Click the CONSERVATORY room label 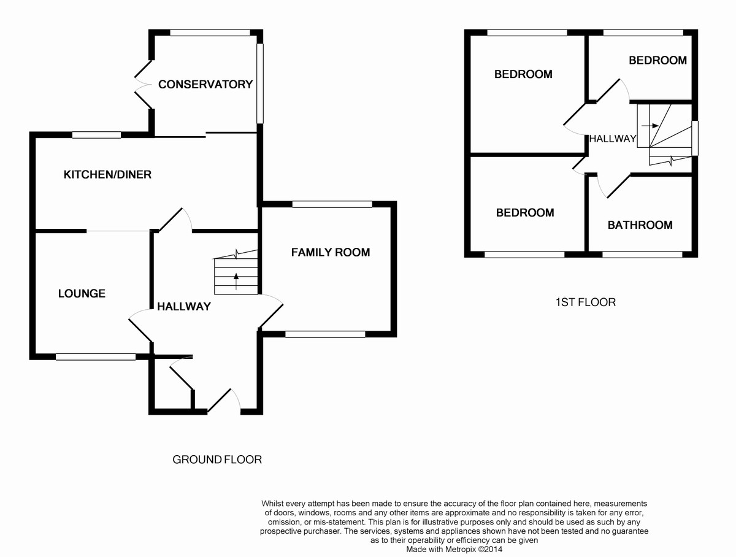click(205, 85)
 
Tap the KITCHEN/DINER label click(107, 175)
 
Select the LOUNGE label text click(82, 294)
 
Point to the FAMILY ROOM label click(331, 252)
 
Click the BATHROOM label click(640, 225)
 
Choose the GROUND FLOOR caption click(217, 459)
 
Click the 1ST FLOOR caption click(585, 302)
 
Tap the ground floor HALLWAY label click(184, 307)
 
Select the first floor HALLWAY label click(613, 139)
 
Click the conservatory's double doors click(142, 85)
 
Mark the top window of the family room click(332, 204)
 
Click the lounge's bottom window click(96, 356)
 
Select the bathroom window click(642, 254)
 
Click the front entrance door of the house click(224, 402)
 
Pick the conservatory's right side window click(260, 83)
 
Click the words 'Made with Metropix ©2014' click(453, 549)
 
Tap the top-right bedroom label click(657, 60)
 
